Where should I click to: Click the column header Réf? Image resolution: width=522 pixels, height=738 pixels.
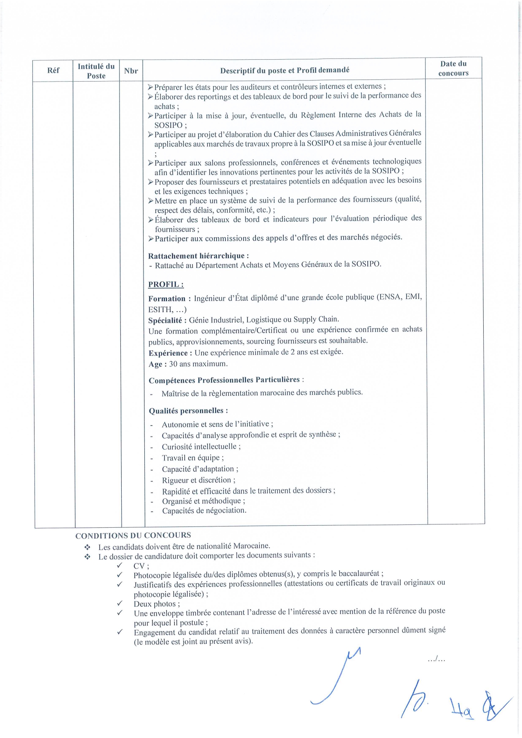pyautogui.click(x=53, y=70)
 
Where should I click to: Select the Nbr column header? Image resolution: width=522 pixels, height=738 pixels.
pyautogui.click(x=131, y=71)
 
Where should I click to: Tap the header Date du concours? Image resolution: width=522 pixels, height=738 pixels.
pyautogui.click(x=453, y=68)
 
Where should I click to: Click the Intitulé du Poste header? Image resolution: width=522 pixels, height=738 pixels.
pyautogui.click(x=96, y=71)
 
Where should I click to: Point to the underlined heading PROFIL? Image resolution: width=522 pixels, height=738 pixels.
pyautogui.click(x=166, y=284)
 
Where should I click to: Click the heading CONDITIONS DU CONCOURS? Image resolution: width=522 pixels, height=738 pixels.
pyautogui.click(x=133, y=535)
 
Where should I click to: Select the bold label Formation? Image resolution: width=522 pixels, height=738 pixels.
pyautogui.click(x=167, y=299)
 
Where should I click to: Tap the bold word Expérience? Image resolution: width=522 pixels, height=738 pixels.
pyautogui.click(x=168, y=353)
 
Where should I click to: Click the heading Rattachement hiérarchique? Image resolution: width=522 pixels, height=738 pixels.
pyautogui.click(x=198, y=256)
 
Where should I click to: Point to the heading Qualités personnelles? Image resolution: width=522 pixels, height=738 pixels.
pyautogui.click(x=188, y=410)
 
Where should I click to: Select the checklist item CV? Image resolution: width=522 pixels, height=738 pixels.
pyautogui.click(x=140, y=566)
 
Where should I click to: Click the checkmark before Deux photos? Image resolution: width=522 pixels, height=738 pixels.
pyautogui.click(x=120, y=603)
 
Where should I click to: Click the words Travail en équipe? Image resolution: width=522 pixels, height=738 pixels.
pyautogui.click(x=192, y=458)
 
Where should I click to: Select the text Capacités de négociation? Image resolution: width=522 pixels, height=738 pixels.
pyautogui.click(x=204, y=511)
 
